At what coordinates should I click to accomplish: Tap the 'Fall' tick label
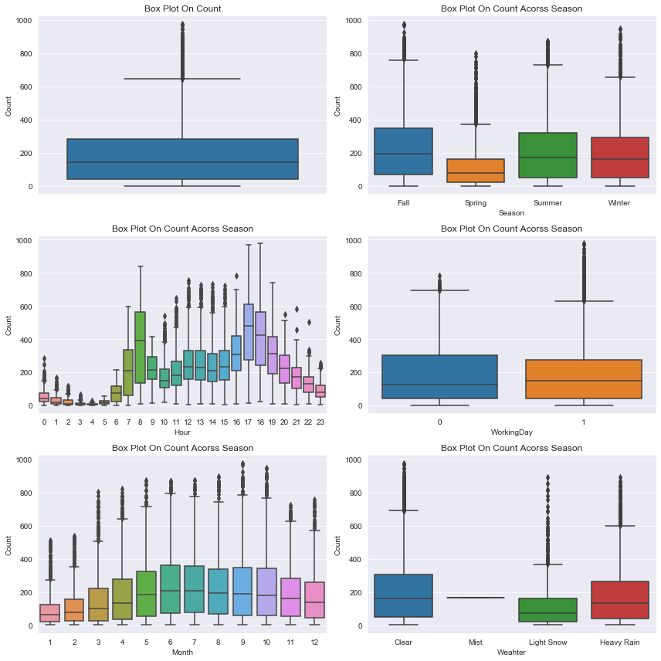click(402, 203)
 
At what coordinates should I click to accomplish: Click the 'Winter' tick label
click(619, 203)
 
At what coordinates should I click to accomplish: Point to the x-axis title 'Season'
click(511, 212)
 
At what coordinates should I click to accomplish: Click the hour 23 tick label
click(320, 422)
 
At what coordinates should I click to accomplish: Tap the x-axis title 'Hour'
click(182, 432)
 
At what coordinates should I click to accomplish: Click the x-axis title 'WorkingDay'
click(511, 432)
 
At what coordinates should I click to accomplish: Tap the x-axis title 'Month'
click(182, 652)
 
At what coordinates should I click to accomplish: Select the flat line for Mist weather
click(475, 598)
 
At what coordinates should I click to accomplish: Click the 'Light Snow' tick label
click(547, 642)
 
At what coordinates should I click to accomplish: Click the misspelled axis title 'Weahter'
click(511, 652)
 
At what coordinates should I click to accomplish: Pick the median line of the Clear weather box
click(402, 598)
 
